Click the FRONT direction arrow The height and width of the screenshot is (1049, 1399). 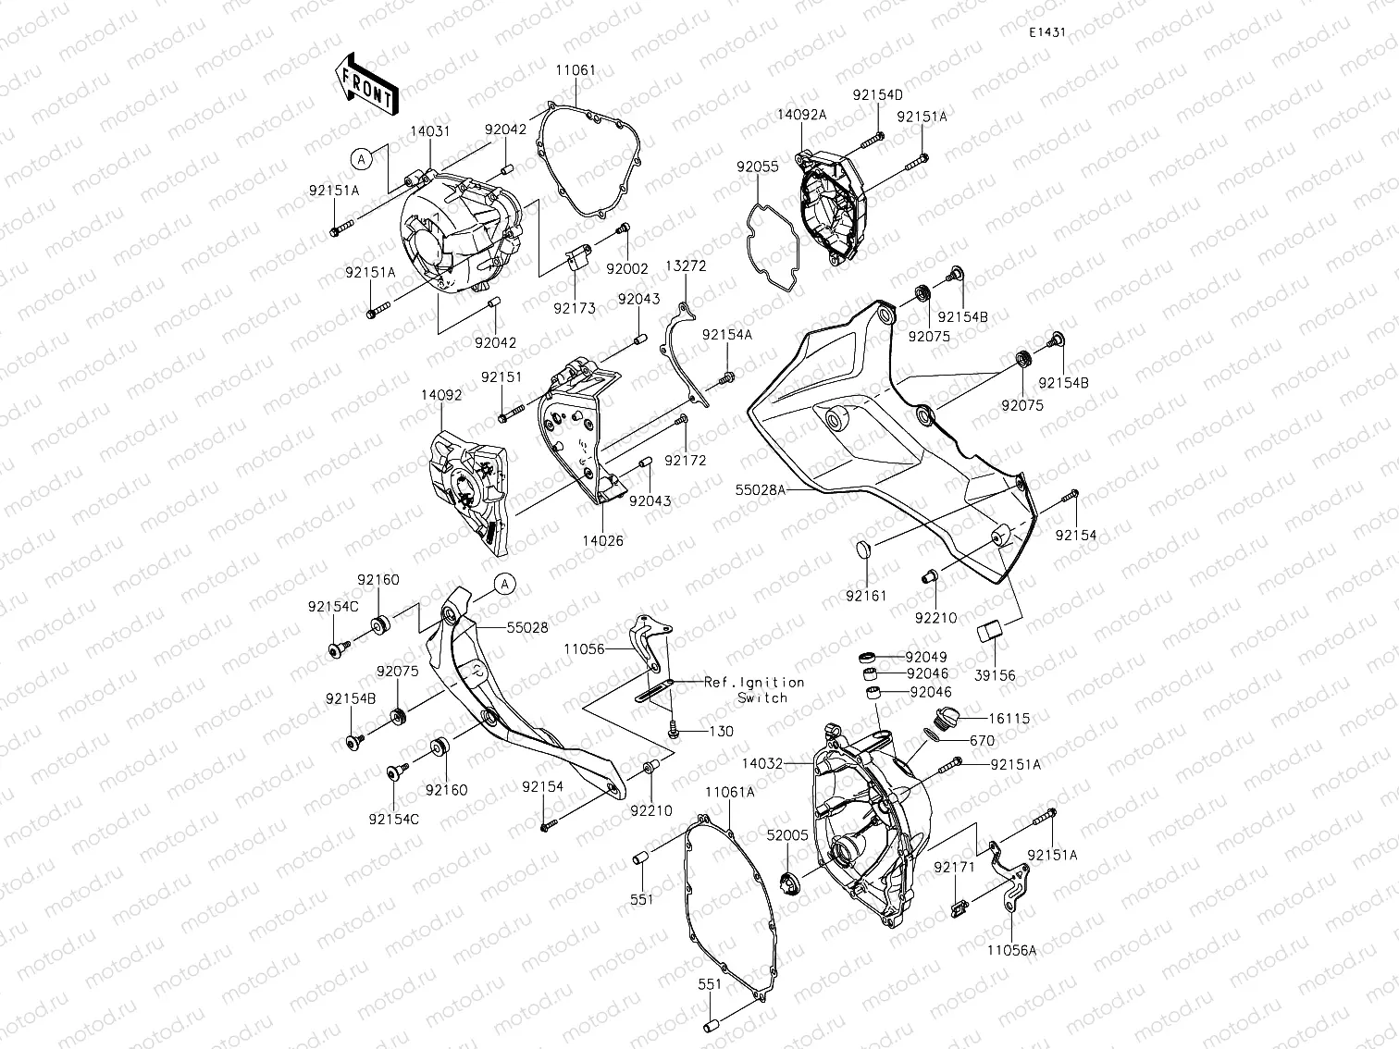click(367, 83)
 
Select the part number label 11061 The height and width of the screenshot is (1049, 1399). click(576, 70)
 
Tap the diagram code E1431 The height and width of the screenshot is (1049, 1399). click(1046, 31)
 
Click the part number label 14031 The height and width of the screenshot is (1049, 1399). click(430, 131)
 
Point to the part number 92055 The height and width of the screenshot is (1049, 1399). click(757, 167)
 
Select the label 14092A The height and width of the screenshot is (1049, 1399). click(801, 115)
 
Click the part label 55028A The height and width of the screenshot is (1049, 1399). click(761, 490)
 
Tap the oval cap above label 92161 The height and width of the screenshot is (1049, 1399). click(862, 549)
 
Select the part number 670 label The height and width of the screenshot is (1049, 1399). click(982, 740)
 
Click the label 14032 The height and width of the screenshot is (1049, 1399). click(762, 764)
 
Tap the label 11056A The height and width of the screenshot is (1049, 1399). click(1011, 949)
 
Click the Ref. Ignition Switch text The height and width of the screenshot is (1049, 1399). click(753, 690)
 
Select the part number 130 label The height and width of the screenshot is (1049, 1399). click(721, 732)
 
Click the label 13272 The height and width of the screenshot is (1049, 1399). click(685, 265)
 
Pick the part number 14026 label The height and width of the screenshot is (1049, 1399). click(602, 540)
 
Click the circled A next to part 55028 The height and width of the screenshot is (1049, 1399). click(504, 584)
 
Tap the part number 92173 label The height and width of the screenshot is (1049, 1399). click(575, 308)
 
